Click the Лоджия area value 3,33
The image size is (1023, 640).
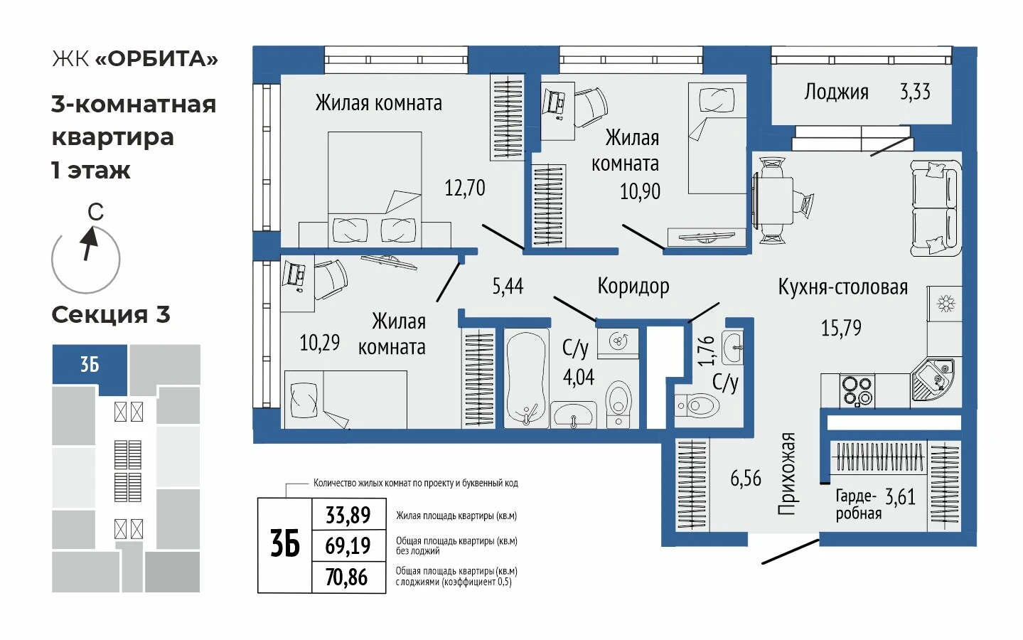(915, 92)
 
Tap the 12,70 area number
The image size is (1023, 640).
(465, 188)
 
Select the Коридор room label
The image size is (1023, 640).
(633, 286)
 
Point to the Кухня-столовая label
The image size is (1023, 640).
(842, 287)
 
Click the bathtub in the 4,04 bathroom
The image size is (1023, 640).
(526, 378)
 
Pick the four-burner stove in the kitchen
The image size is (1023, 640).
(857, 390)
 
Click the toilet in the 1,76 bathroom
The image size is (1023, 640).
(697, 405)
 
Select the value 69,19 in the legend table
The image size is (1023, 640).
(348, 545)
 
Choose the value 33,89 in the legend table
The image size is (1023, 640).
(348, 515)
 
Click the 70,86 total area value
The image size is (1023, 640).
(347, 577)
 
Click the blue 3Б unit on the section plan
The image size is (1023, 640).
(90, 365)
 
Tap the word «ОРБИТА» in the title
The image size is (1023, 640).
(156, 59)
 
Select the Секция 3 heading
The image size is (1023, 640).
(111, 314)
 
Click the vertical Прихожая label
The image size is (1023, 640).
(787, 474)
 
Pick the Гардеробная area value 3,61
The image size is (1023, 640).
(900, 496)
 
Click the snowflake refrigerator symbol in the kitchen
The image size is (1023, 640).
(946, 304)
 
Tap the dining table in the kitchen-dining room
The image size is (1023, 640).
(773, 201)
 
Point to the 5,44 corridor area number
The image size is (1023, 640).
(508, 286)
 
